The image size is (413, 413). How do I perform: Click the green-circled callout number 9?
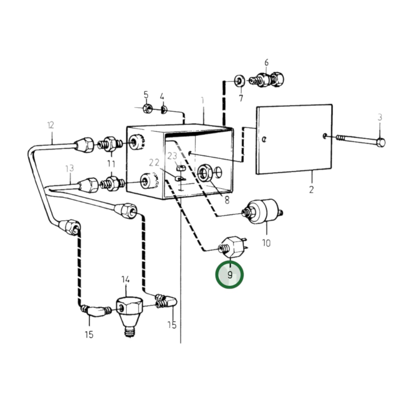click(230, 275)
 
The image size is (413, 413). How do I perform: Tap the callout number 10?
click(266, 243)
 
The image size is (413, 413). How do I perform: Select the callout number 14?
click(125, 279)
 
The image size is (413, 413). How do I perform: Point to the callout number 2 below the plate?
click(311, 189)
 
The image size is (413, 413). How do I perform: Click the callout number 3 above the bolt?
click(380, 117)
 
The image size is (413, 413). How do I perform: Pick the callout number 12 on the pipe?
click(51, 125)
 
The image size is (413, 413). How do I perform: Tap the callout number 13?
click(69, 168)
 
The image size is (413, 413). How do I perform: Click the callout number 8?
click(227, 200)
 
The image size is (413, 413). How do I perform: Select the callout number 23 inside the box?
click(172, 156)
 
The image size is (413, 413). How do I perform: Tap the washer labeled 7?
click(239, 81)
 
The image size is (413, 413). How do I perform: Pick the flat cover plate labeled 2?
click(294, 139)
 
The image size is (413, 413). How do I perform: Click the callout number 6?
click(266, 62)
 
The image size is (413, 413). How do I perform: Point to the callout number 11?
click(111, 164)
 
